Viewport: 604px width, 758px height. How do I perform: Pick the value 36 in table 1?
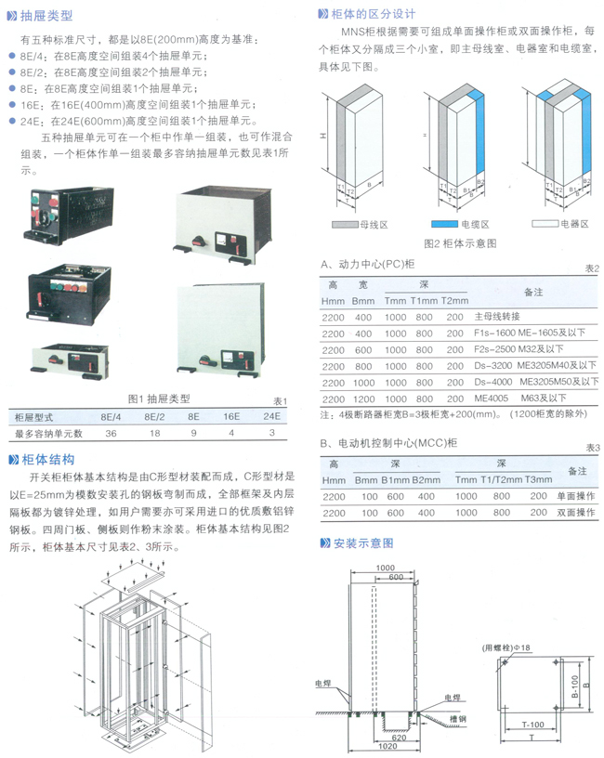[111, 432]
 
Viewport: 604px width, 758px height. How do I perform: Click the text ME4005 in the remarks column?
[491, 397]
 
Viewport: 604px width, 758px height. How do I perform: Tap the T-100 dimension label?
[532, 724]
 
